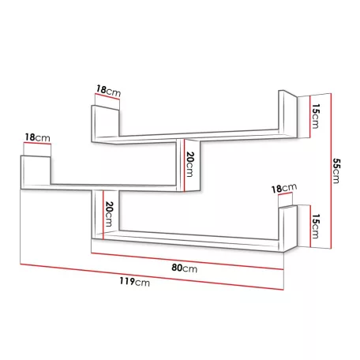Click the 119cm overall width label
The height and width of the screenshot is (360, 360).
click(135, 282)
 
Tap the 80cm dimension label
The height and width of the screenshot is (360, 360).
click(184, 268)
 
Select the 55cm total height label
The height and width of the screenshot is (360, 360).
click(336, 171)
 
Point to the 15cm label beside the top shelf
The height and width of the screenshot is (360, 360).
click(315, 116)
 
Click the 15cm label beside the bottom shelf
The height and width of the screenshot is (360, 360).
click(315, 227)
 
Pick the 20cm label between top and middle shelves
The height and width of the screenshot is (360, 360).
click(189, 164)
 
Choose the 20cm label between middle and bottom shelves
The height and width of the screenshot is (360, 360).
click(109, 214)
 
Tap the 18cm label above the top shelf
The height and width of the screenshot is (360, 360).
click(108, 91)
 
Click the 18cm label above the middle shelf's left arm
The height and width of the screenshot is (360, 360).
click(37, 137)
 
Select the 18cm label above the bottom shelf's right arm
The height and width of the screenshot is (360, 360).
click(284, 188)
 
